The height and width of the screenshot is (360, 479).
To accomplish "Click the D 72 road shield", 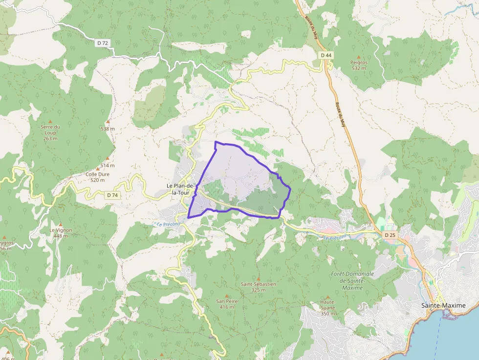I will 103,43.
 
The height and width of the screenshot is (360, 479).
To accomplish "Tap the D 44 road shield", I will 327,55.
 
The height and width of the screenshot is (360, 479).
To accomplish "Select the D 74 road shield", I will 112,195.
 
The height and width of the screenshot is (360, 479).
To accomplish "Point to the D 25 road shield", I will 390,235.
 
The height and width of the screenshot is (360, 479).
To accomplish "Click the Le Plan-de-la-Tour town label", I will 181,189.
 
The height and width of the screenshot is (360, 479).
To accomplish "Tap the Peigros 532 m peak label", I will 359,65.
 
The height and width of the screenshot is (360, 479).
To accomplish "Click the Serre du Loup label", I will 50,130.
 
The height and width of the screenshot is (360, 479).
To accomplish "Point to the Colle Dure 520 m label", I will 97,177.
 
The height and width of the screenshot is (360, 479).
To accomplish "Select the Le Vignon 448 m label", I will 61,233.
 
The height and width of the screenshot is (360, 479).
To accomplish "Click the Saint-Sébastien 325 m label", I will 259,287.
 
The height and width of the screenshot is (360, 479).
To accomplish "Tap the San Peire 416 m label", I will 227,304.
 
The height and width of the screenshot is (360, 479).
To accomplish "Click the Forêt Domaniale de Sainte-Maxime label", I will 352,281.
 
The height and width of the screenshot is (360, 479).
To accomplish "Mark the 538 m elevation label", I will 108,129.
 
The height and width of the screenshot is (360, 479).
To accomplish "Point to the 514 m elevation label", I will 108,165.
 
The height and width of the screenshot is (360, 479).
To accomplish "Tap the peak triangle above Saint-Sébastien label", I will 259,278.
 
